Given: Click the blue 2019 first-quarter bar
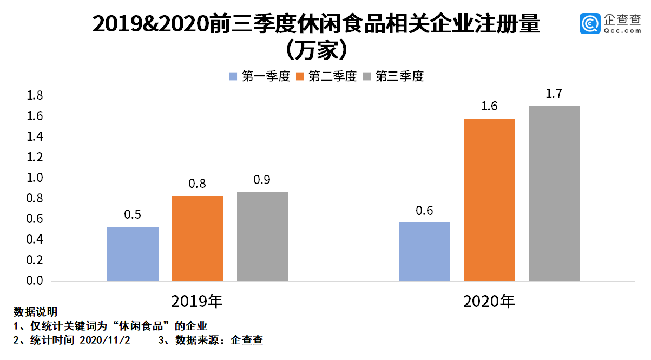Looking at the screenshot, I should [x=133, y=254].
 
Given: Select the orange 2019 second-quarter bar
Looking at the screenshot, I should [x=198, y=238].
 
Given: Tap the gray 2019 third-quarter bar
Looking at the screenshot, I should [x=262, y=237].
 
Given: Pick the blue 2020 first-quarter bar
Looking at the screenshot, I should [x=425, y=252].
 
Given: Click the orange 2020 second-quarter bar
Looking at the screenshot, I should [x=489, y=200].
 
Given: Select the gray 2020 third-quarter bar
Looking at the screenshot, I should [x=554, y=193].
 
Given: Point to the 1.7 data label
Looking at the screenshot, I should [x=554, y=94].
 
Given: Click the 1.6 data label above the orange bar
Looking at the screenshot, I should [x=489, y=107].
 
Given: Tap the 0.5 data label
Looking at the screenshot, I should [x=133, y=215].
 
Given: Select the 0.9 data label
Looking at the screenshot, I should [x=262, y=180].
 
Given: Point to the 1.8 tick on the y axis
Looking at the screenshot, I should [x=35, y=96].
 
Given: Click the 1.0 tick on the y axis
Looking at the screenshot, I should [x=35, y=178].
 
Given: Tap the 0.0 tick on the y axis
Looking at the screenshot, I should [x=35, y=280].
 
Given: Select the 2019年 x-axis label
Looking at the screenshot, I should [x=197, y=301].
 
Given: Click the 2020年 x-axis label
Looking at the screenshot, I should [x=489, y=301].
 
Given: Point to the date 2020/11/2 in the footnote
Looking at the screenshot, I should [x=105, y=341].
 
